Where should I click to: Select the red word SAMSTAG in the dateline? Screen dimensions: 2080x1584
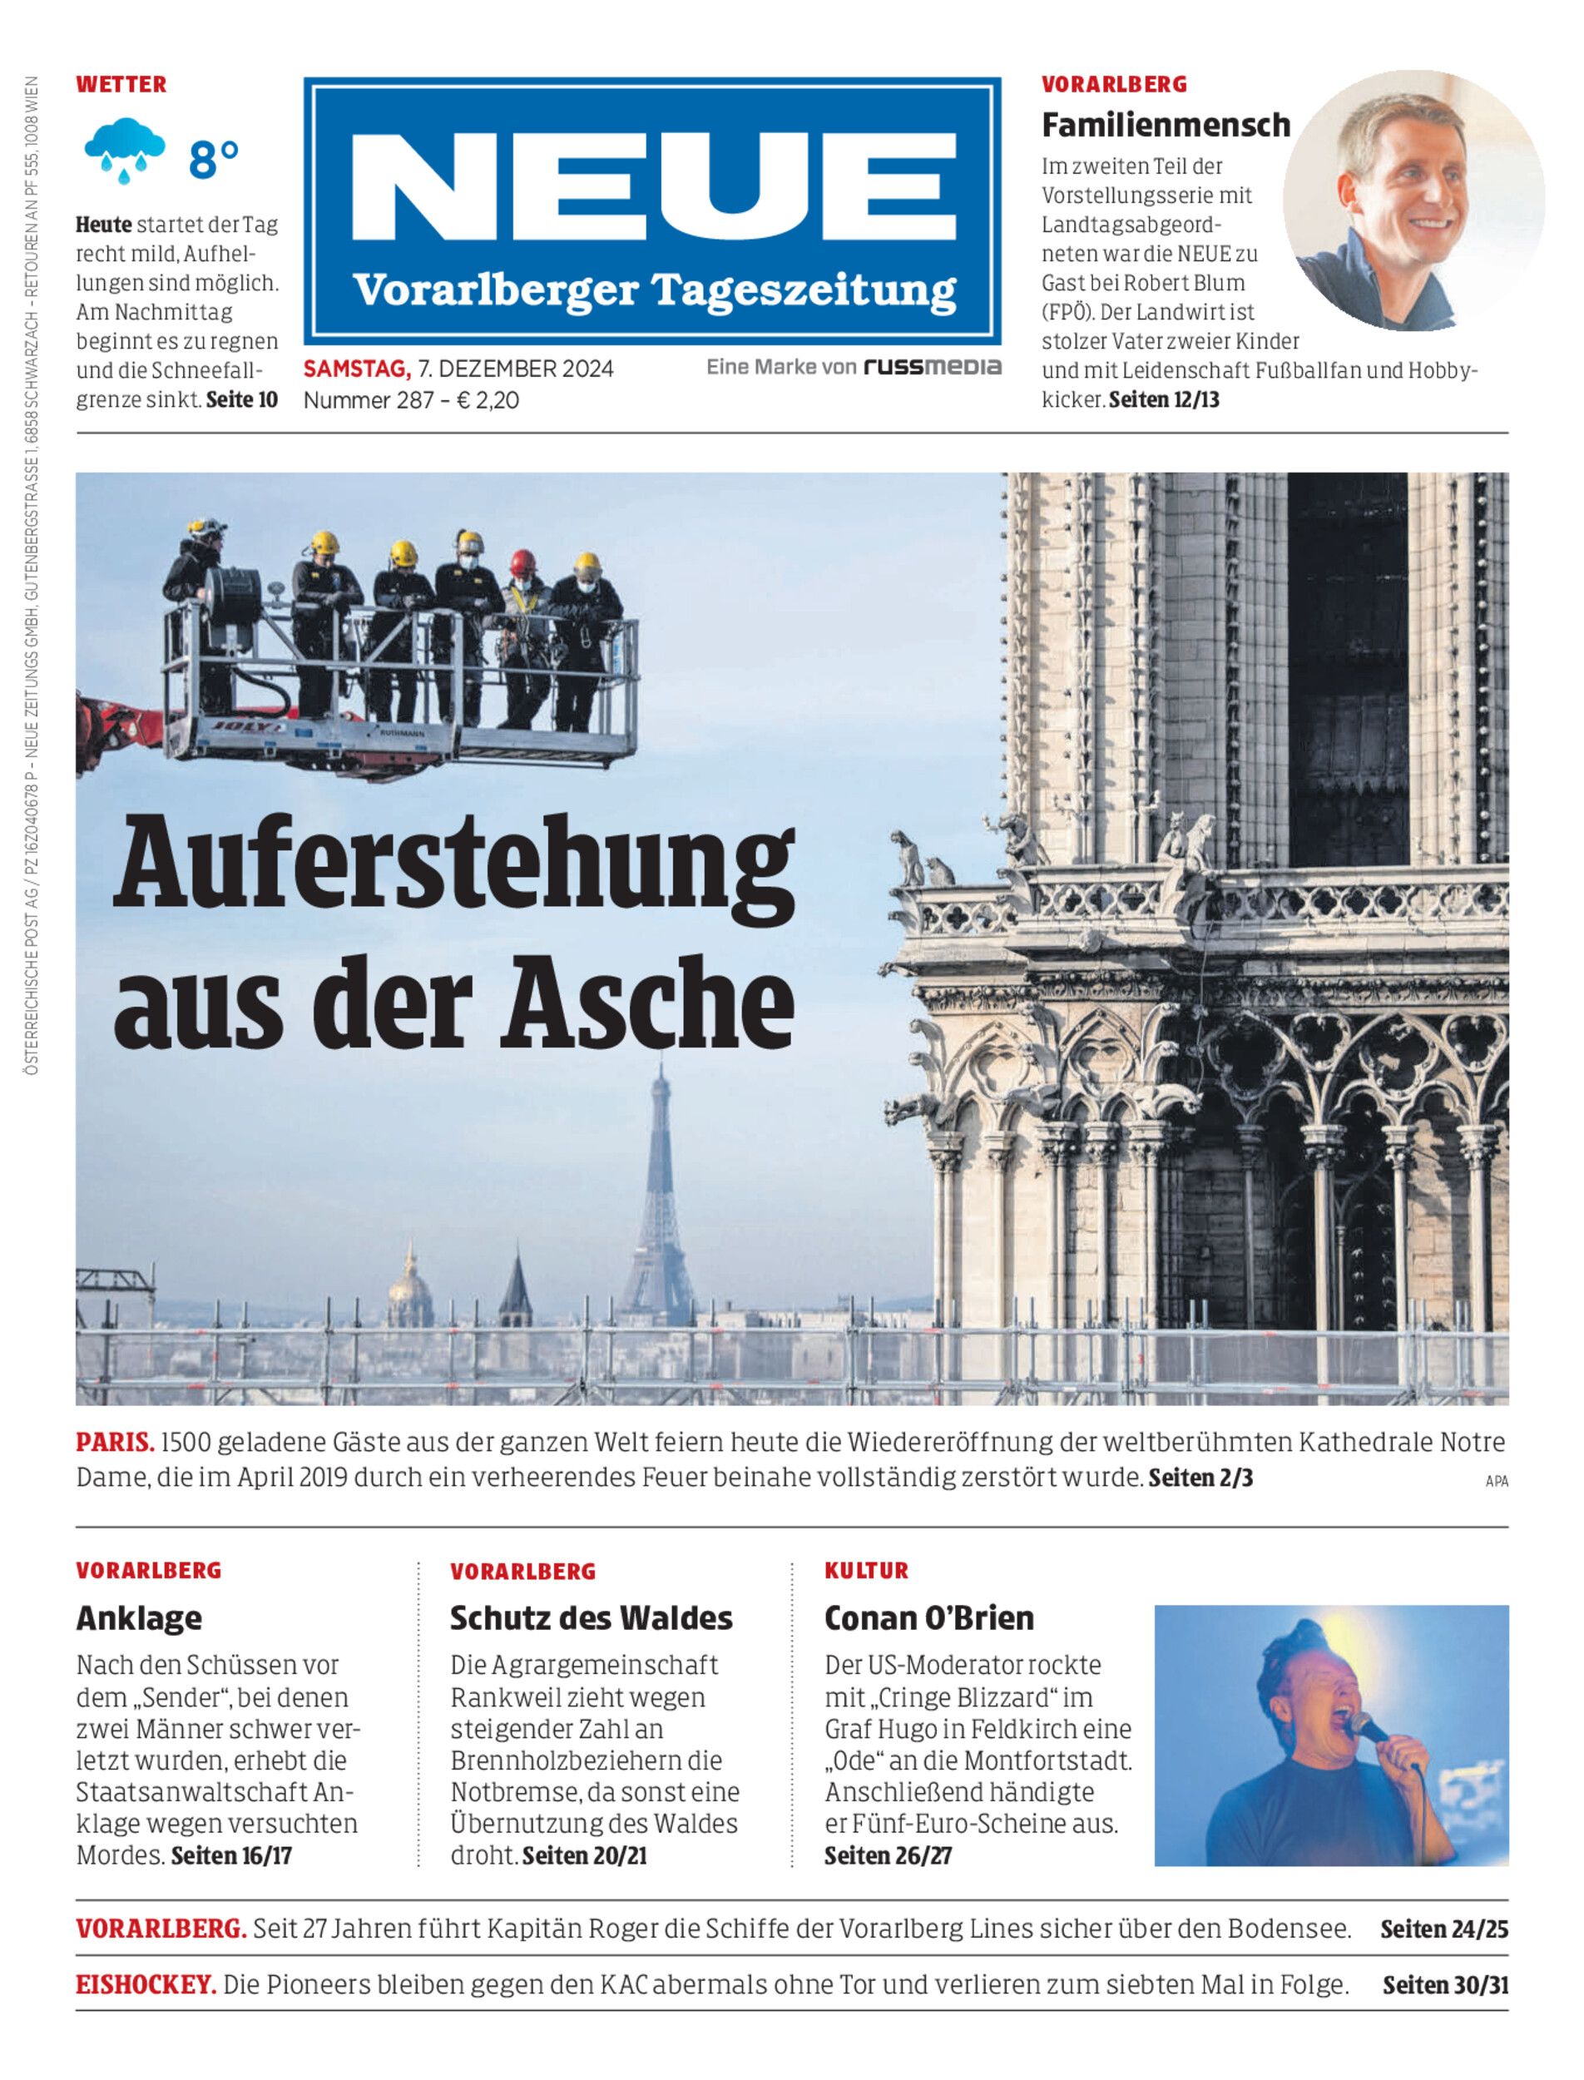pos(355,368)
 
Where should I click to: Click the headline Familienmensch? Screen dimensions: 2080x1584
pos(1166,125)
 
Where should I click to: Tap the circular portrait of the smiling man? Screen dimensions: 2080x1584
pos(1413,200)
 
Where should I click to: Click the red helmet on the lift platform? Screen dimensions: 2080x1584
pos(522,563)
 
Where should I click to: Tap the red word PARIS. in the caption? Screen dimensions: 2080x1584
pos(115,1442)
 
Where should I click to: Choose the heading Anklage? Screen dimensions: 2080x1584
pos(139,1617)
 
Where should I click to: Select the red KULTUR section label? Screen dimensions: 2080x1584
pos(865,1570)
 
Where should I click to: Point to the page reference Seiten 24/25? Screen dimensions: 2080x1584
pos(1443,1929)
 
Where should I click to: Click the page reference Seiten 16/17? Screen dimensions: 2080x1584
pos(231,1855)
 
